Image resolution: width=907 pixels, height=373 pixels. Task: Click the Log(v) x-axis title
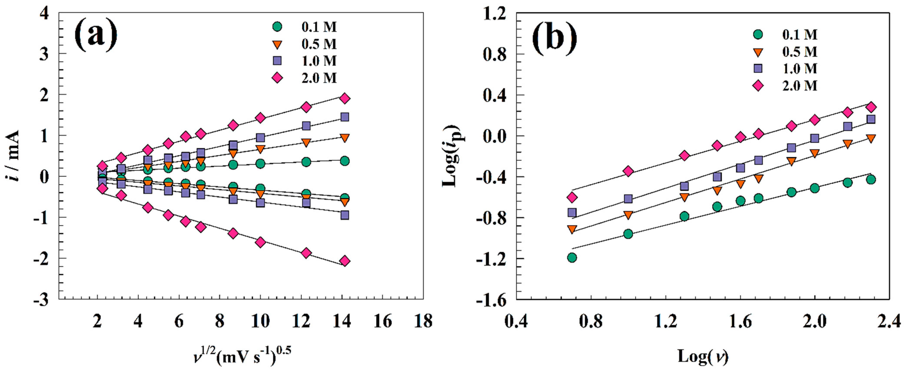(x=703, y=356)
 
